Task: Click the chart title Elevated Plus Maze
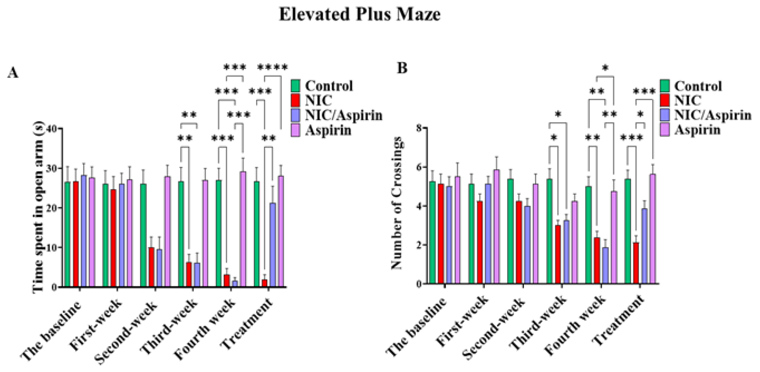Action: point(360,15)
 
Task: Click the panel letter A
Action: point(13,73)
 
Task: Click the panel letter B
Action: point(402,68)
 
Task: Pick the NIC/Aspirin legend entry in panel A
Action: point(337,115)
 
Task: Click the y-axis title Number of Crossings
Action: point(397,203)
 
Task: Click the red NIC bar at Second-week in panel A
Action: point(151,267)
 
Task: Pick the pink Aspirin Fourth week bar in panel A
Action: point(243,229)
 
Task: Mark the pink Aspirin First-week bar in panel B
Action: point(496,226)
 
